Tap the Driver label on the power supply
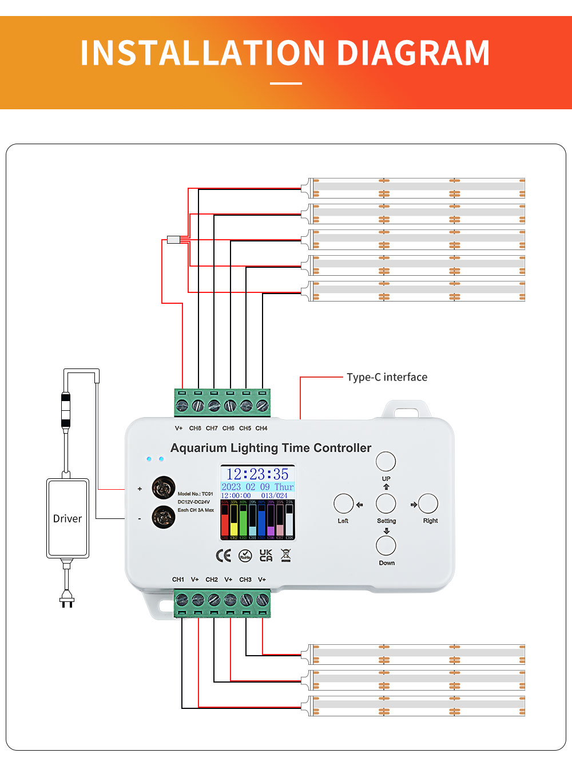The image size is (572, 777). [x=67, y=518]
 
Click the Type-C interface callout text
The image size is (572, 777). [x=387, y=377]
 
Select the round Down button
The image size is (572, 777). [x=386, y=545]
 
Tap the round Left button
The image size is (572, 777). [x=344, y=504]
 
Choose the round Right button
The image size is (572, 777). [x=428, y=504]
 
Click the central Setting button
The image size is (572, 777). [x=386, y=504]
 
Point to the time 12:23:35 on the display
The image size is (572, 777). [x=257, y=474]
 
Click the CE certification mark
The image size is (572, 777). [x=224, y=556]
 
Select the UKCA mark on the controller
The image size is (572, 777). [x=266, y=556]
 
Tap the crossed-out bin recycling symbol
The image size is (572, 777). [x=286, y=555]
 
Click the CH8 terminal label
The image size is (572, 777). [x=195, y=428]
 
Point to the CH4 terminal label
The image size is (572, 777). [x=261, y=428]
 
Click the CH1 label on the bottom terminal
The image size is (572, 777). [x=178, y=580]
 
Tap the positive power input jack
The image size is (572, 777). [x=164, y=488]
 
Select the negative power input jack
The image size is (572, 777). [x=164, y=517]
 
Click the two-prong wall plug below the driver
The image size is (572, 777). [x=67, y=600]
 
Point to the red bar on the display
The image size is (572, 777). [x=225, y=521]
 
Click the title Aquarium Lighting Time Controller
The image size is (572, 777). [x=271, y=448]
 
